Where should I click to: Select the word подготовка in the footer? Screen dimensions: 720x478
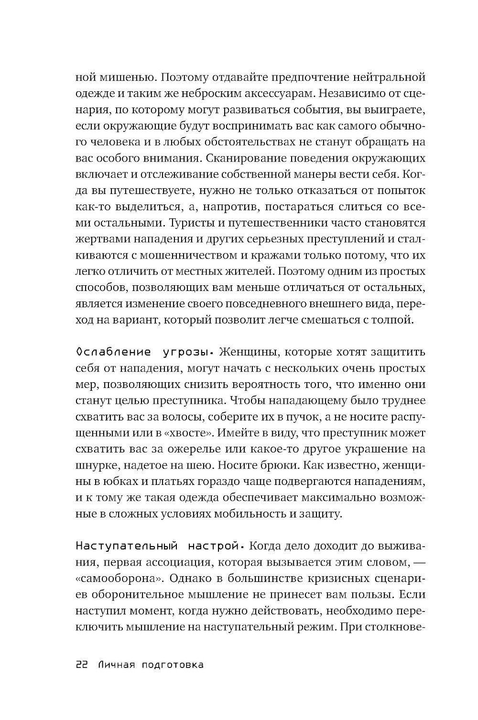174,665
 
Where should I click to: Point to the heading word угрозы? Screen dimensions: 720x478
187,352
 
